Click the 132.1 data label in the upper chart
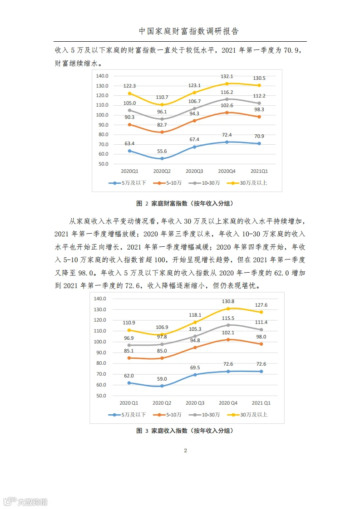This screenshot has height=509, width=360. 227,76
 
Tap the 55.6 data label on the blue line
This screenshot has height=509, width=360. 162,151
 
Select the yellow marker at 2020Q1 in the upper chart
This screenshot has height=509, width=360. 130,93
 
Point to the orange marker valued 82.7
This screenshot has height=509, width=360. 162,132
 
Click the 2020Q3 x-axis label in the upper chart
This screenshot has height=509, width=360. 194,171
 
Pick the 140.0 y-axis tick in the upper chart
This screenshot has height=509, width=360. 102,76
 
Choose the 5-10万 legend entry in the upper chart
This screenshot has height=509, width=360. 168,183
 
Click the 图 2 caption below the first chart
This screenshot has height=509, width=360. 185,204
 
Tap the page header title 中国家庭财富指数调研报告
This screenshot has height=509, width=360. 189,31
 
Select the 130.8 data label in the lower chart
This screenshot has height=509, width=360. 228,302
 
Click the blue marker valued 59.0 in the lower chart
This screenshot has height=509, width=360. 162,386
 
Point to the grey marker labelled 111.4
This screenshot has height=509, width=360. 261,329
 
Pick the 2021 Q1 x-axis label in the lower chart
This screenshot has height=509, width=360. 261,403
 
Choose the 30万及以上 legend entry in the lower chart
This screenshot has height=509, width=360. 247,415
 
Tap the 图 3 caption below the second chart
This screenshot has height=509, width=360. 185,431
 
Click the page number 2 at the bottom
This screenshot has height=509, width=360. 186,450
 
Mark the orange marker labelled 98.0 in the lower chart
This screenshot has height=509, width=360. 261,344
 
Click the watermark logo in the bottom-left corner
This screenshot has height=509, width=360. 25,502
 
